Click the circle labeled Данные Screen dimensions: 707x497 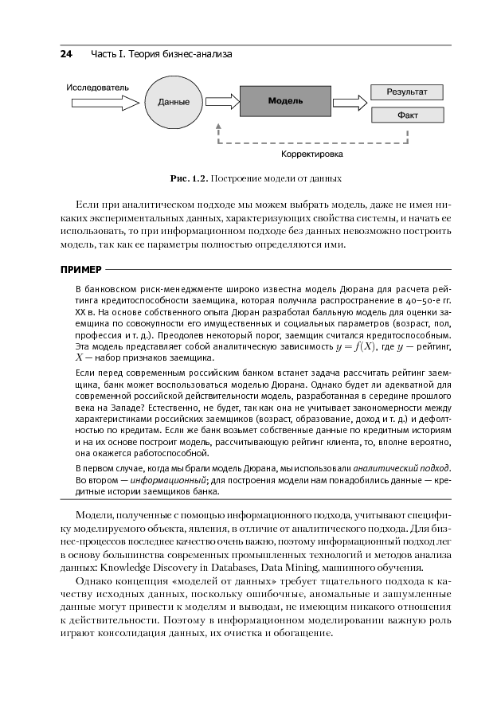click(174, 102)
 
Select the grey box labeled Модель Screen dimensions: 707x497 click(284, 102)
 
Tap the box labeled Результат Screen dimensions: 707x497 click(407, 92)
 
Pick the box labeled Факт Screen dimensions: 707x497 click(407, 115)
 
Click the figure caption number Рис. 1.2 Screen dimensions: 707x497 click(186, 177)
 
